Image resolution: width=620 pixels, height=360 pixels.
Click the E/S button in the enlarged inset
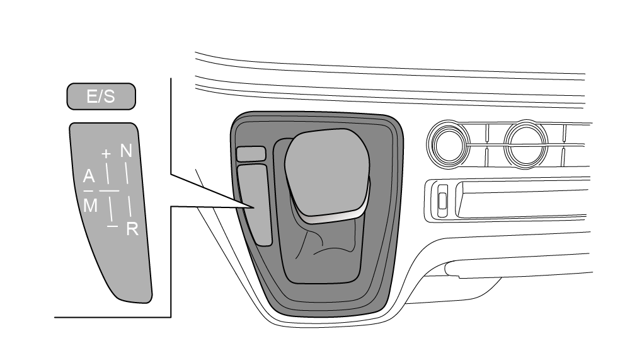pyautogui.click(x=101, y=96)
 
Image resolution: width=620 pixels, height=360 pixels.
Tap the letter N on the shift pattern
pyautogui.click(x=126, y=151)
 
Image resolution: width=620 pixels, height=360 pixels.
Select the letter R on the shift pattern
pyautogui.click(x=132, y=229)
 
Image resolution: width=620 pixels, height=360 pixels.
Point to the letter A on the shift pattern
pyautogui.click(x=89, y=177)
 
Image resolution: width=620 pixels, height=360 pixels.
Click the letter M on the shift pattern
pyautogui.click(x=91, y=206)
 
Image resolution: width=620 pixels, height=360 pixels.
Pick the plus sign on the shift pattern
pyautogui.click(x=106, y=153)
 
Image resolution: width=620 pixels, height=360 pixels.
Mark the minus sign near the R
pyautogui.click(x=113, y=226)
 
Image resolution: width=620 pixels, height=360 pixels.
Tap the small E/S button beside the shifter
pyautogui.click(x=251, y=154)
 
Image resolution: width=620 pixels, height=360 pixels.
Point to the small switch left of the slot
pyautogui.click(x=442, y=200)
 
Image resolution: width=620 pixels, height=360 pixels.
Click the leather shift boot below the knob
pyautogui.click(x=328, y=249)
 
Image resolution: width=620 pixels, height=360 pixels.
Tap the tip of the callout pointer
pyautogui.click(x=254, y=207)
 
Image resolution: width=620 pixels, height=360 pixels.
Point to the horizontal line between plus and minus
pyautogui.click(x=109, y=190)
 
